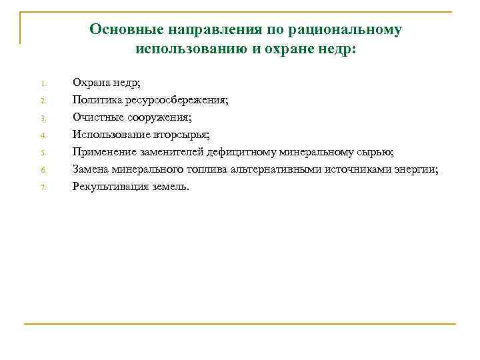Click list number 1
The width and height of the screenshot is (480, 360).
(41, 84)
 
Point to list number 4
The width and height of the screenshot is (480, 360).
(41, 136)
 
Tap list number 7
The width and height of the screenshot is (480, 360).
(41, 188)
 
